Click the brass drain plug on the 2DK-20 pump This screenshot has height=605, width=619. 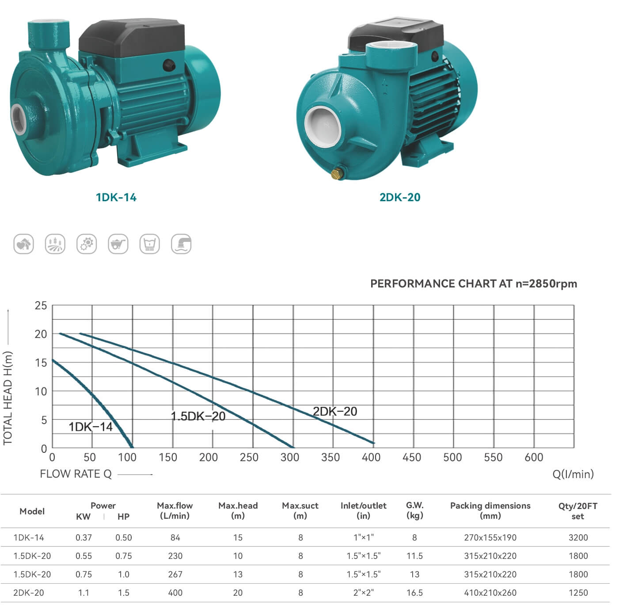point(337,174)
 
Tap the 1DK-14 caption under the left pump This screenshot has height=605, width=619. point(116,197)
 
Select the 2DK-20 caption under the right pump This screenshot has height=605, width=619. point(400,197)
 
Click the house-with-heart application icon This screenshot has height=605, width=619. point(23,244)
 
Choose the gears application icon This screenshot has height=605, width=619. point(87,244)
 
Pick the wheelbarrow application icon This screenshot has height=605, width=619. point(118,244)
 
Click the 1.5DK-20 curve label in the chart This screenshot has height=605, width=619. point(198,416)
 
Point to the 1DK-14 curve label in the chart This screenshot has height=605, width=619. point(91,427)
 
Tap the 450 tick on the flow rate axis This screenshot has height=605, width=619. point(412,457)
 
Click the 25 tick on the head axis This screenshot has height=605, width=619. point(41,305)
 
